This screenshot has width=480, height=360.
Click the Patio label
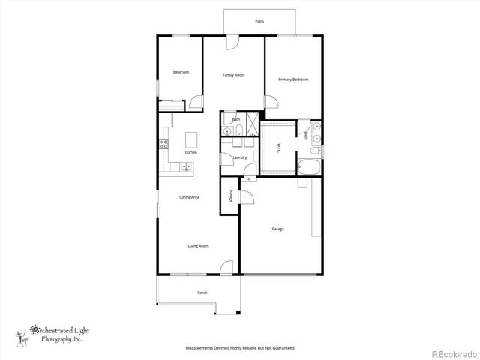point(259,22)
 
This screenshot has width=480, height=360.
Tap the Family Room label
point(234,75)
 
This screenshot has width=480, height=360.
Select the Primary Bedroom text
point(293,79)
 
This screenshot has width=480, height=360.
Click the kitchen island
point(191,139)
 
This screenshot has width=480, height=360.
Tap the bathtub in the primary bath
point(308,166)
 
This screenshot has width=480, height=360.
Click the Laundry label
point(240,157)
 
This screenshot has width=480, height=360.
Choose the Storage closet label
point(229,193)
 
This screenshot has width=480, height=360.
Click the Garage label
point(277,229)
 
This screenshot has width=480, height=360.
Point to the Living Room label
point(198,246)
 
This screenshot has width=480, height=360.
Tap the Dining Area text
point(189,197)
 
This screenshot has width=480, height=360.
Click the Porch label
point(202,292)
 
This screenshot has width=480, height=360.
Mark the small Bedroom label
point(181,72)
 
